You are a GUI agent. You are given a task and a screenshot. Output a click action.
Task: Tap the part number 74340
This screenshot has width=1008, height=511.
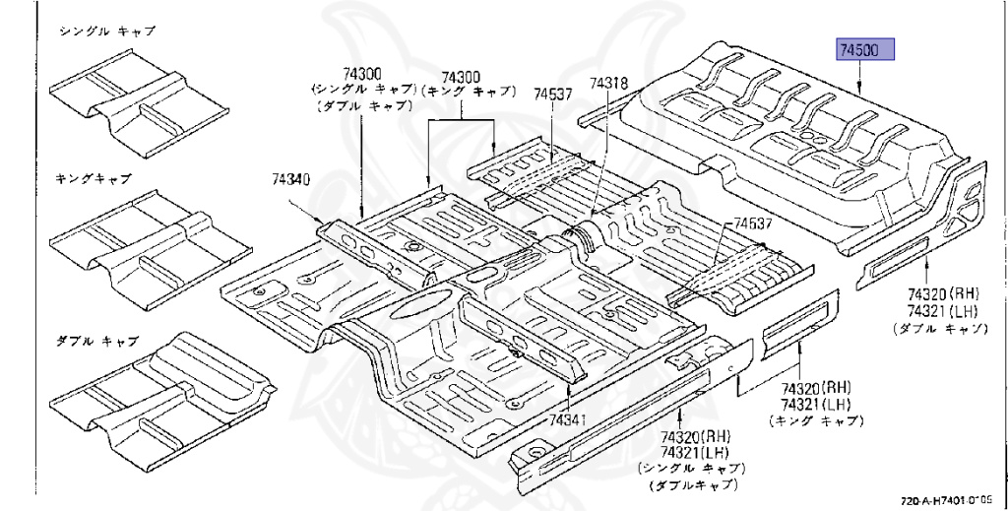click(x=291, y=180)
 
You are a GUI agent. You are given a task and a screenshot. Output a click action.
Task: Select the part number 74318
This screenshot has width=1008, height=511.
click(x=608, y=85)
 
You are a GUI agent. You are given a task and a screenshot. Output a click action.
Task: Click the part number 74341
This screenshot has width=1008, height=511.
click(x=568, y=419)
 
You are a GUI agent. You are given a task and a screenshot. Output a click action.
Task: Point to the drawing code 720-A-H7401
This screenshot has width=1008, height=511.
click(x=945, y=500)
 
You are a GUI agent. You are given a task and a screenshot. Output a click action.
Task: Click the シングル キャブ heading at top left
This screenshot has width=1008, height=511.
click(x=107, y=32)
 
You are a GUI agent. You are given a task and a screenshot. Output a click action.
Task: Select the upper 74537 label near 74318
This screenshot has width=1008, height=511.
click(x=553, y=95)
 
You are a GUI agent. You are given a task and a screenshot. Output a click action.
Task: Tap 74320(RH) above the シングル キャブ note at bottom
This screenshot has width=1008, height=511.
click(x=696, y=437)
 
